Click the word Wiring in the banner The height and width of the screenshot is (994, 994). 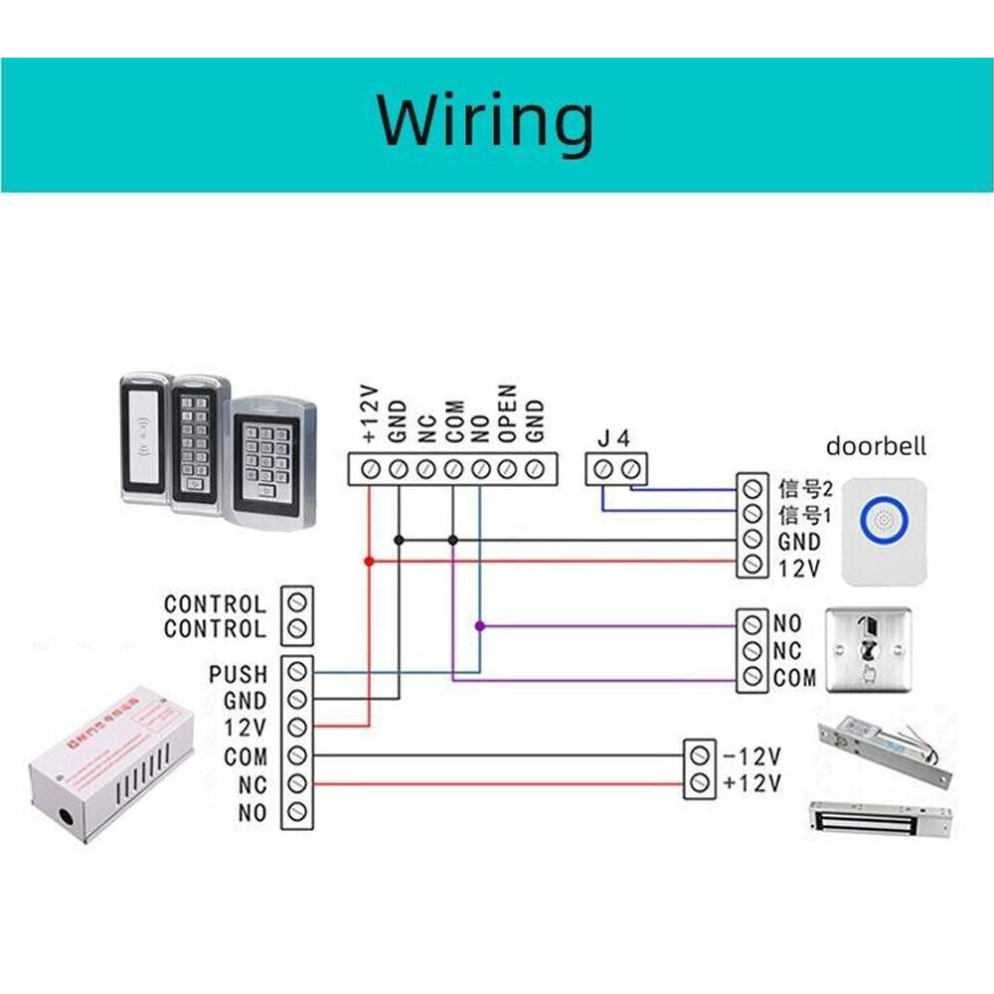(484, 120)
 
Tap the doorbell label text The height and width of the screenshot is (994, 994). (876, 446)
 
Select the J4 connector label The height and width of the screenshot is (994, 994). (614, 437)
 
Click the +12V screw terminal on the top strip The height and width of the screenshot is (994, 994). (369, 468)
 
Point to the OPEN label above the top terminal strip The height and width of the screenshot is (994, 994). (507, 414)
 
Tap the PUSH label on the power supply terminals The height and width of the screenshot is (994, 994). (239, 675)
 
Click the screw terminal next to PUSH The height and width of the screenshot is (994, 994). (296, 673)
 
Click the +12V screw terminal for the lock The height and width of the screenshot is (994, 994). (700, 783)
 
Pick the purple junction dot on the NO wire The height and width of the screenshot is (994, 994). (480, 626)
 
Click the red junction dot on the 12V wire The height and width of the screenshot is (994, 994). (370, 562)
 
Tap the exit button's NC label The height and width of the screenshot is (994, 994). (787, 652)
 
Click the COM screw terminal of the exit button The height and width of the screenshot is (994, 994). (752, 679)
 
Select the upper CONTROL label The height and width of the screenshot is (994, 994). (215, 603)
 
